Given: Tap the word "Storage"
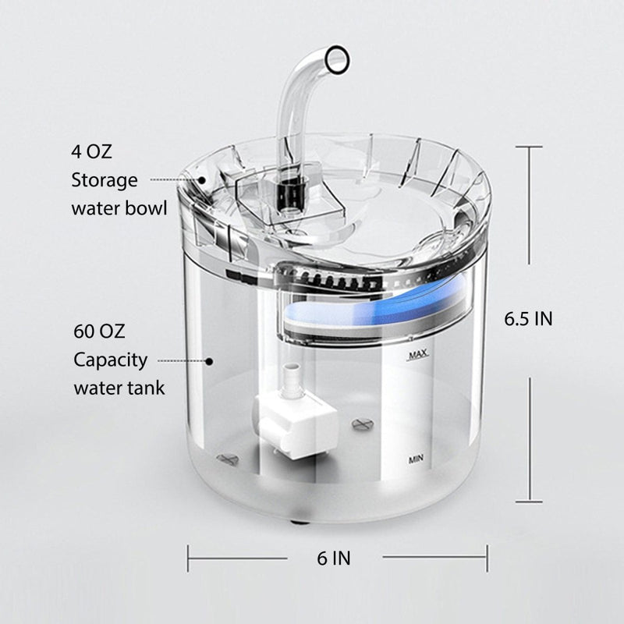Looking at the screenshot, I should tap(105, 181).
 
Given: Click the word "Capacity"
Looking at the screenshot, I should tap(111, 360).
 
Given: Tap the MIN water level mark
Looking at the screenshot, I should tap(417, 460).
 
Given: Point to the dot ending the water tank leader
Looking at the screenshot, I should tap(209, 360).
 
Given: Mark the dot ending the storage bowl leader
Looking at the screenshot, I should tap(203, 179).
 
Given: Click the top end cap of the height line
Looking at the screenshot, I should tap(530, 146).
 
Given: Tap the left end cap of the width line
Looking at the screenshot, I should tap(188, 558).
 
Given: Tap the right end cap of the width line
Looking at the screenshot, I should tap(487, 558).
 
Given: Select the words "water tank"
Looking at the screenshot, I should tap(119, 388).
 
